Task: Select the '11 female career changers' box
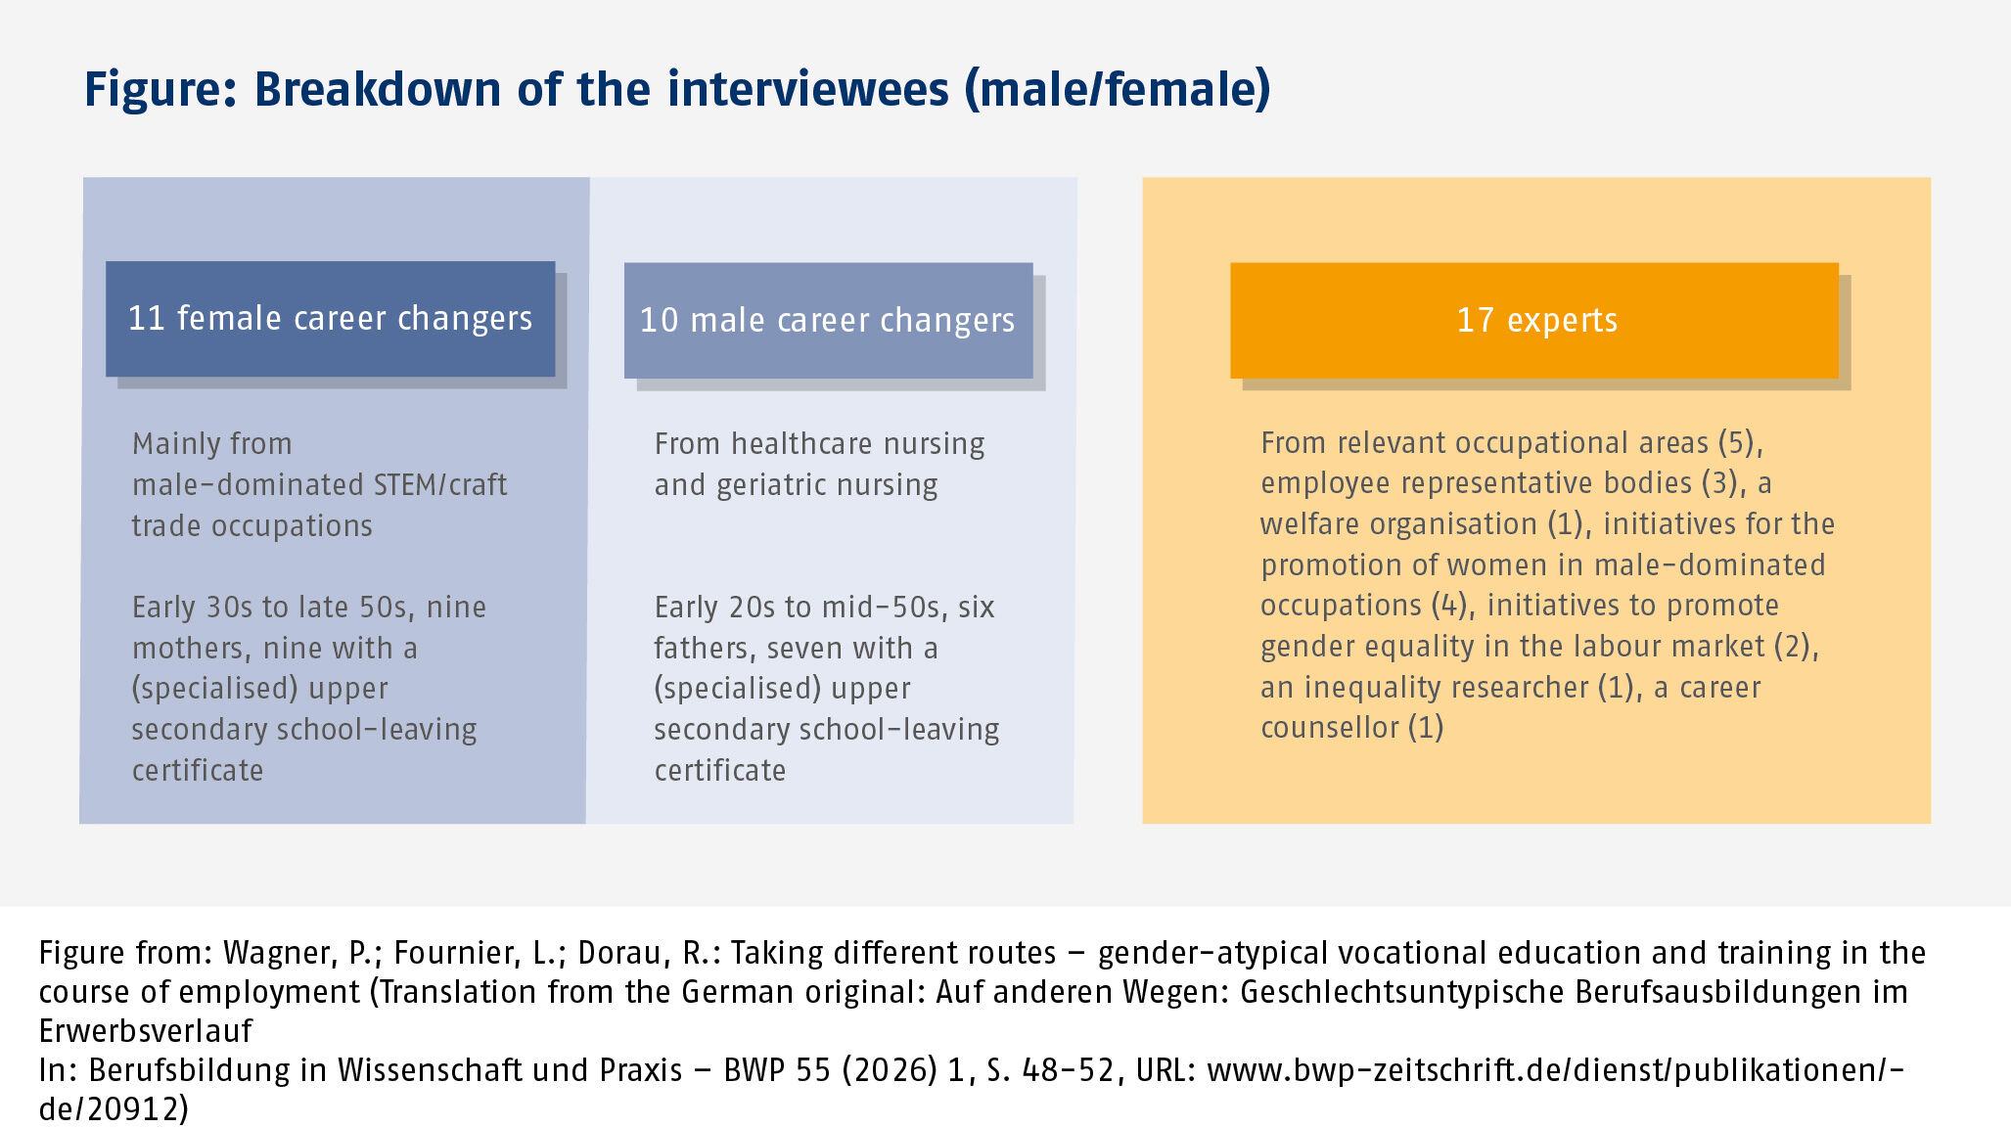[331, 319]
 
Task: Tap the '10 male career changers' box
[829, 320]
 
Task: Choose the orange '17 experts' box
[1534, 320]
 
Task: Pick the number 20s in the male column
[753, 608]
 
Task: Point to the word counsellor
[1330, 728]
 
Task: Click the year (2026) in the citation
[890, 1070]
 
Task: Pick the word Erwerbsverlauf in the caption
[146, 1031]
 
